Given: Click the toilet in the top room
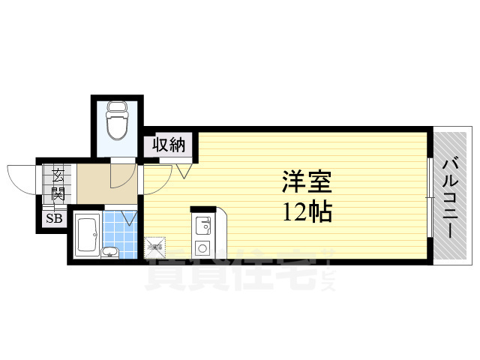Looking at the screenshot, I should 116,124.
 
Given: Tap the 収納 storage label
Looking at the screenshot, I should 169,145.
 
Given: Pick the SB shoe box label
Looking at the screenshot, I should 55,219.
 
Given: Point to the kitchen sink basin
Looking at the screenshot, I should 202,224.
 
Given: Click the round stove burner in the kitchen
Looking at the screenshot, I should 202,248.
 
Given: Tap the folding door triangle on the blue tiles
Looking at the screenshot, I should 128,218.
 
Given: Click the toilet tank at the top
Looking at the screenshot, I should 116,106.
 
